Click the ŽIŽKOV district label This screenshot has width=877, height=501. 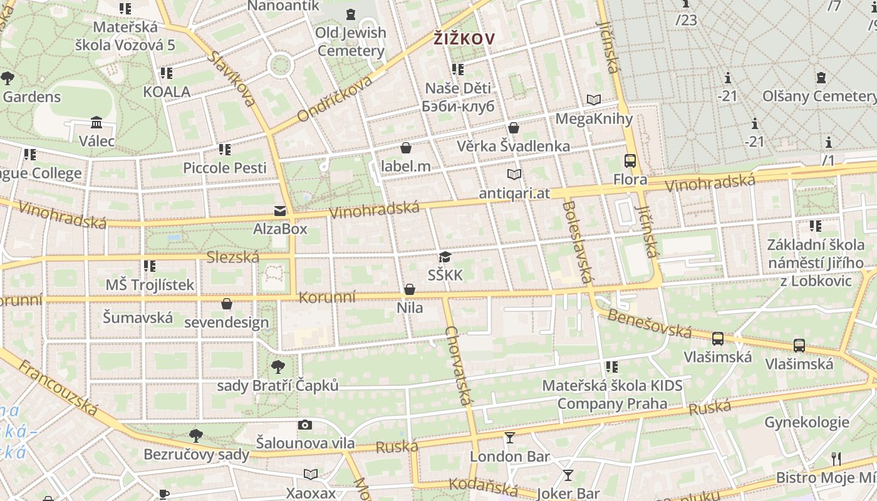(464, 39)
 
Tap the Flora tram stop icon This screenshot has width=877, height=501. (630, 161)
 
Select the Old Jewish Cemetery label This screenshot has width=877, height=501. (350, 41)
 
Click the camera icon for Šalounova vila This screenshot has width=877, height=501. (305, 425)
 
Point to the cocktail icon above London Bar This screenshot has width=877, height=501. (510, 438)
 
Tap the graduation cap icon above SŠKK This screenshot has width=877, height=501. (445, 257)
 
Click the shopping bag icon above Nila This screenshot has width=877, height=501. (410, 289)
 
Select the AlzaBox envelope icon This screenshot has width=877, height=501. (280, 211)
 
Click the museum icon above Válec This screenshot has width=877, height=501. (96, 122)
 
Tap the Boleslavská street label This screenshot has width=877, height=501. (577, 241)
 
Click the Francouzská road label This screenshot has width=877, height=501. (58, 388)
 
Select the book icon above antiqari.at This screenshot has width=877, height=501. (514, 175)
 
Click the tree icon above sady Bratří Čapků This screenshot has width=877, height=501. (278, 367)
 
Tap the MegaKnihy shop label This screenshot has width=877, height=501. (594, 118)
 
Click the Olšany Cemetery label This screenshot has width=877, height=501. (819, 96)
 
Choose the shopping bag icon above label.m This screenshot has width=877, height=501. (406, 148)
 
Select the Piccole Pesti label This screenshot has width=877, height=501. (224, 168)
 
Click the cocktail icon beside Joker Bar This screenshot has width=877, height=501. (568, 475)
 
